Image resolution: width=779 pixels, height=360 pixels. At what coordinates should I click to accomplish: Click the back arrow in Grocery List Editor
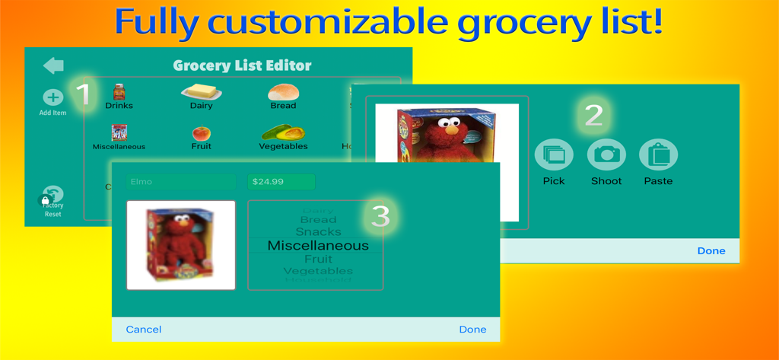coord(53,65)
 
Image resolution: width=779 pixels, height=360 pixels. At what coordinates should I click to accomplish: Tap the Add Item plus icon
coord(52,97)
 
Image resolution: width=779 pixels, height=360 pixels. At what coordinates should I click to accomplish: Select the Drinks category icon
coord(119,93)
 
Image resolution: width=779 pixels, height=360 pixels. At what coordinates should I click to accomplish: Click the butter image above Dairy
coord(201,91)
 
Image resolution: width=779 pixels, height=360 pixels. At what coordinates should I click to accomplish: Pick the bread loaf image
coord(283,91)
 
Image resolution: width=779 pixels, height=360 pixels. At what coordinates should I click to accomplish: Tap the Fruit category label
coord(202,146)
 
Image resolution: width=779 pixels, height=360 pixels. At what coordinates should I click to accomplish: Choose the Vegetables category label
coord(283,146)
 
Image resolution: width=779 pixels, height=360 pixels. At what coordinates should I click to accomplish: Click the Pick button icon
coord(554,155)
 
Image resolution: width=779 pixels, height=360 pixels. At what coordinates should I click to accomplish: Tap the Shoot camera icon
coord(606,155)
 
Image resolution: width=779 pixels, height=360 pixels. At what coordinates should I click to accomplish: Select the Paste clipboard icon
coord(658,155)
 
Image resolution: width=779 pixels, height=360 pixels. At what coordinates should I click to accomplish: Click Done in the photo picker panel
coord(711,251)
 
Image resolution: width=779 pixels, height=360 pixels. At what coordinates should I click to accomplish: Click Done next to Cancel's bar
coord(472,330)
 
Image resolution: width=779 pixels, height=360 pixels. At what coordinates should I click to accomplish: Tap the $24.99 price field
coord(281,182)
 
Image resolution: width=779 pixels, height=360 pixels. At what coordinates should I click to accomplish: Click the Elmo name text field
coord(181,182)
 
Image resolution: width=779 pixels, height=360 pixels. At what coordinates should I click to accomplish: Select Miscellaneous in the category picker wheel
coord(318,246)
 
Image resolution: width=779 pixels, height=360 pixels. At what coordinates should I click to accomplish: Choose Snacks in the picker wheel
coord(318,231)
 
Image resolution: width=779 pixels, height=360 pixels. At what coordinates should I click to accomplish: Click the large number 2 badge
coord(593,116)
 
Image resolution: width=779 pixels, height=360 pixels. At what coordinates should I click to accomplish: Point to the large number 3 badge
coord(379,217)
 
